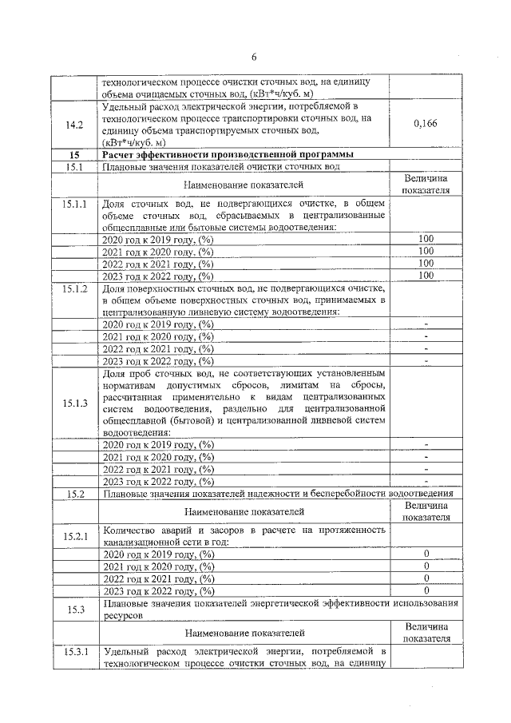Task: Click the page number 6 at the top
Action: point(255,57)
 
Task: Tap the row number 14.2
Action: point(73,124)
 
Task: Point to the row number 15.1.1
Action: point(73,205)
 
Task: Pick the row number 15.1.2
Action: point(73,288)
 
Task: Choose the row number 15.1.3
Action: point(73,403)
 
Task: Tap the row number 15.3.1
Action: point(73,652)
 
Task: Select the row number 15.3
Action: point(73,610)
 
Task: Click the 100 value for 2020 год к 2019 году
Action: point(426,239)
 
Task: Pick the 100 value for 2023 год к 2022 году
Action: point(426,275)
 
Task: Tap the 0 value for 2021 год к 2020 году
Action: point(426,566)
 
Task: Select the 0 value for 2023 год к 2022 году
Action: point(426,590)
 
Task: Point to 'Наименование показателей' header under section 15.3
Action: point(244,634)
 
